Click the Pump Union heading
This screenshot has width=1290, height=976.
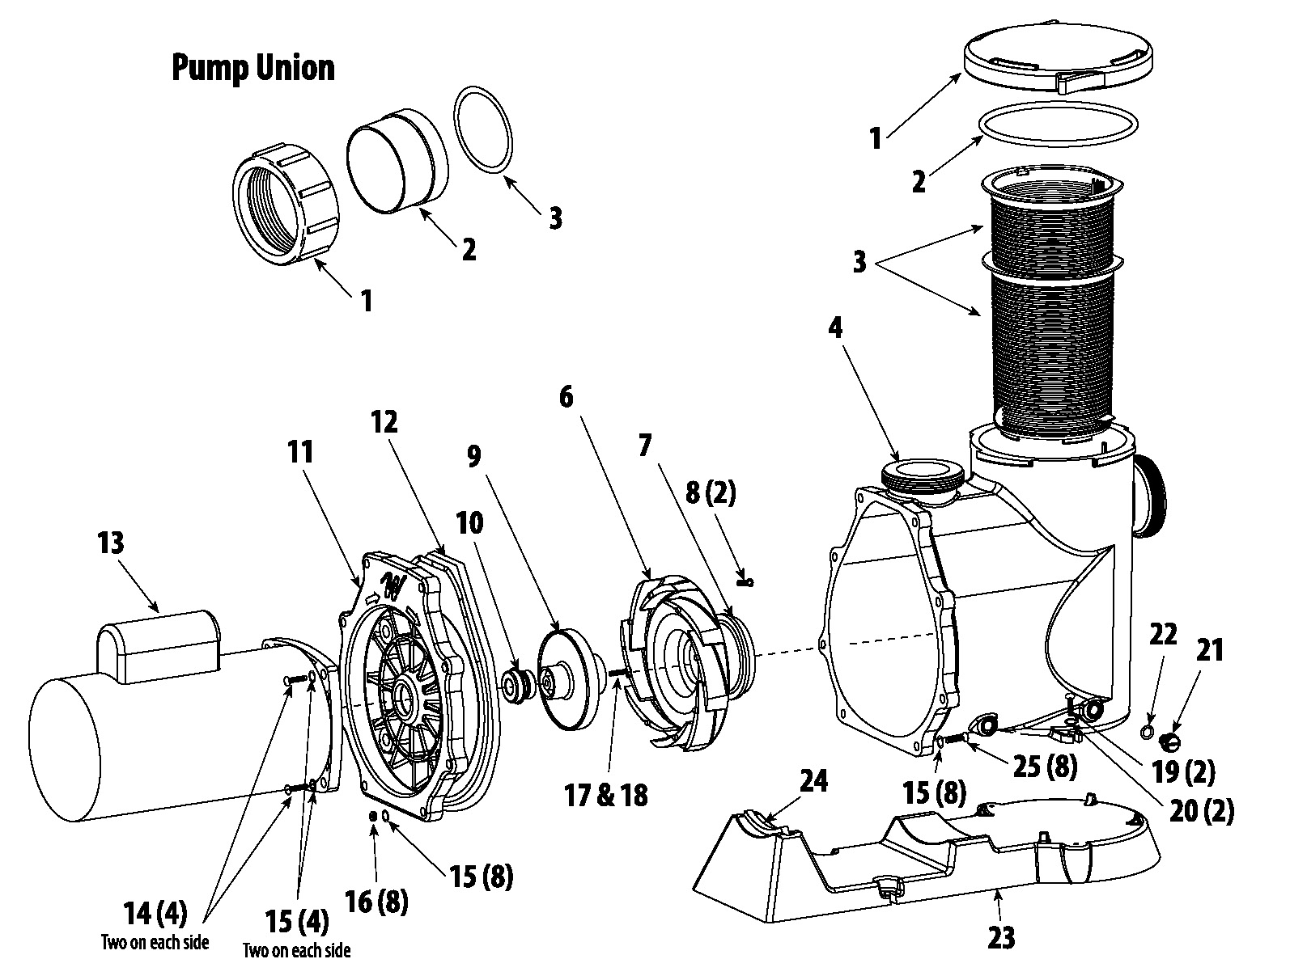(x=252, y=69)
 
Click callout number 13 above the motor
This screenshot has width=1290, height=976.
(x=111, y=543)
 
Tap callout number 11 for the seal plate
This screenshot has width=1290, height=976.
(x=300, y=453)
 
